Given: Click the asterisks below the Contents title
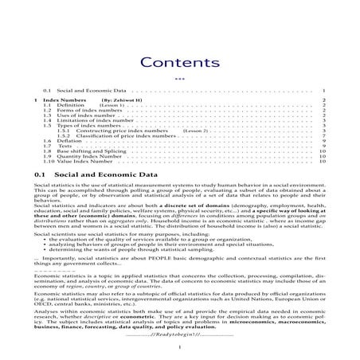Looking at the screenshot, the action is click(x=179, y=78).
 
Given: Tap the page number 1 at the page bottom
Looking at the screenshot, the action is click(x=180, y=348).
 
